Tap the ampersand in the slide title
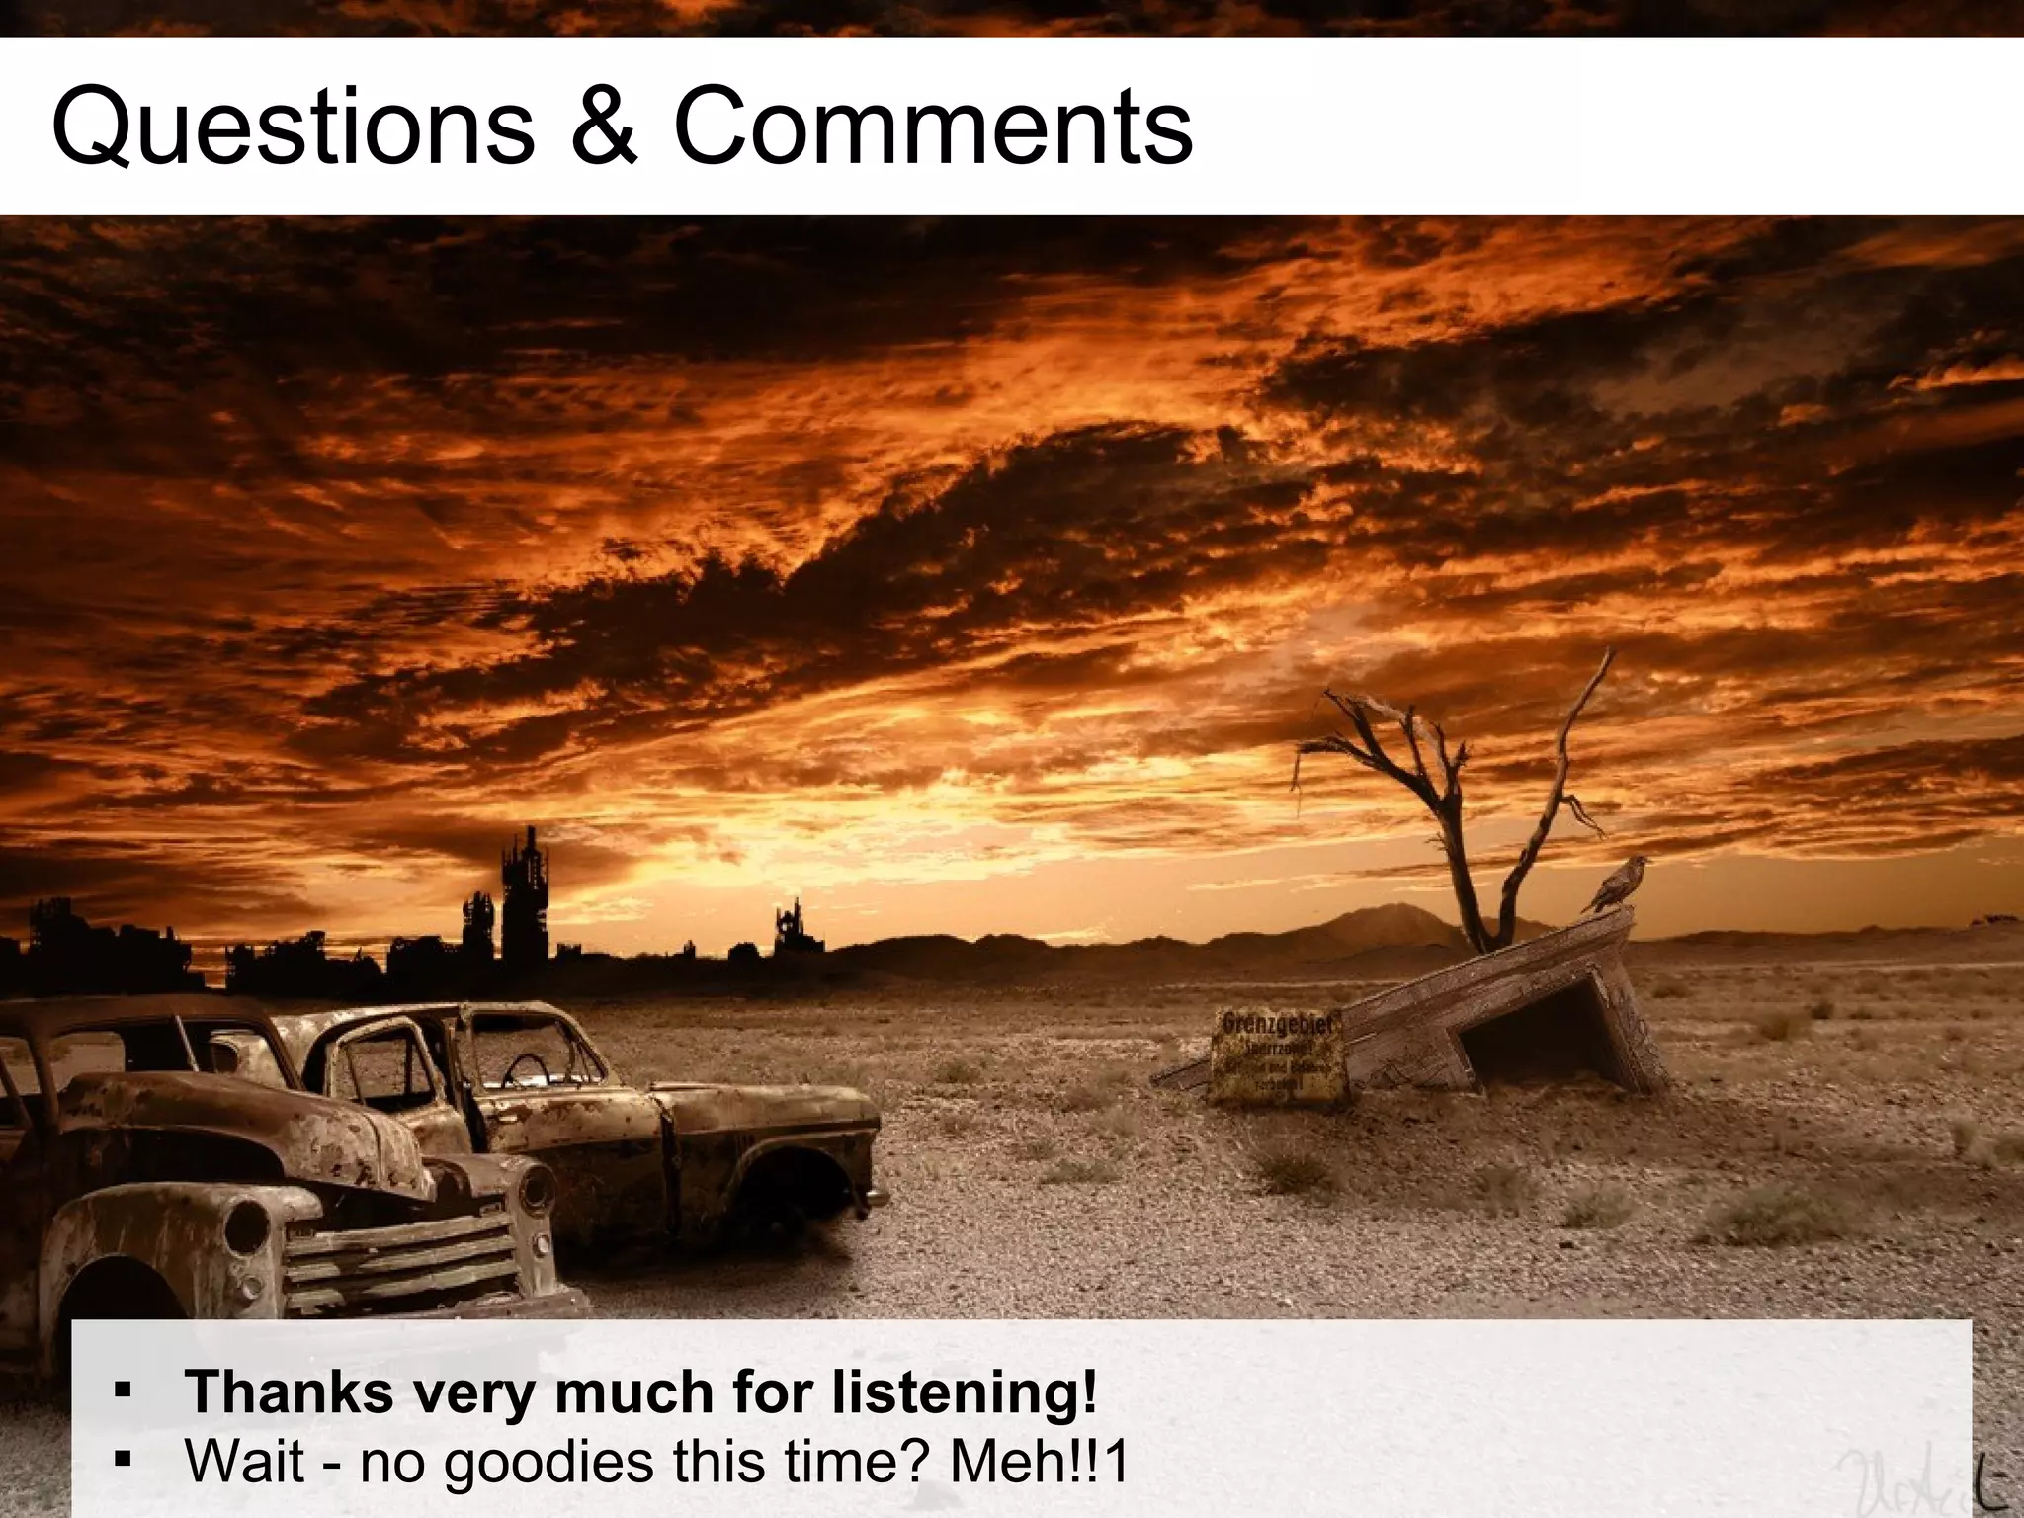(x=604, y=126)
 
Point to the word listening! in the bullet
(x=964, y=1393)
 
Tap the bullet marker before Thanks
(x=123, y=1391)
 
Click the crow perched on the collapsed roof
(x=1617, y=884)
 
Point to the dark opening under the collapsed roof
(x=1542, y=1038)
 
